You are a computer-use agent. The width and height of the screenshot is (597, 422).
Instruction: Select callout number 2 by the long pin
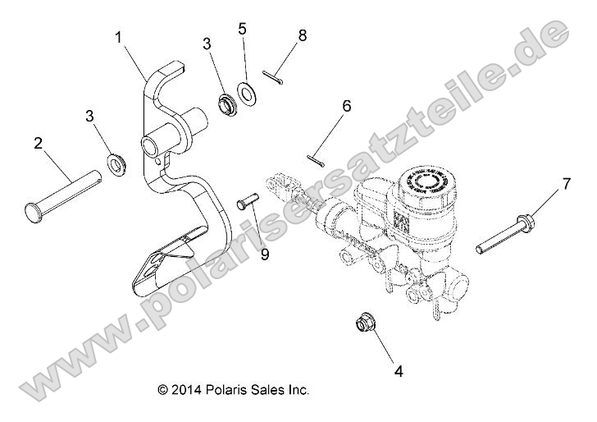coord(38,144)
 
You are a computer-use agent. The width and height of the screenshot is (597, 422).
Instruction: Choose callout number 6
coord(346,106)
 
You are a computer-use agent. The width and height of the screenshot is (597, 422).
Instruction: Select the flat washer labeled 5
coord(245,91)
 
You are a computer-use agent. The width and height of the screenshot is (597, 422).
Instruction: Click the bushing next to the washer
coord(224,105)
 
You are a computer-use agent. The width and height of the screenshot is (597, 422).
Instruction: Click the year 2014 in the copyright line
coord(185,389)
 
